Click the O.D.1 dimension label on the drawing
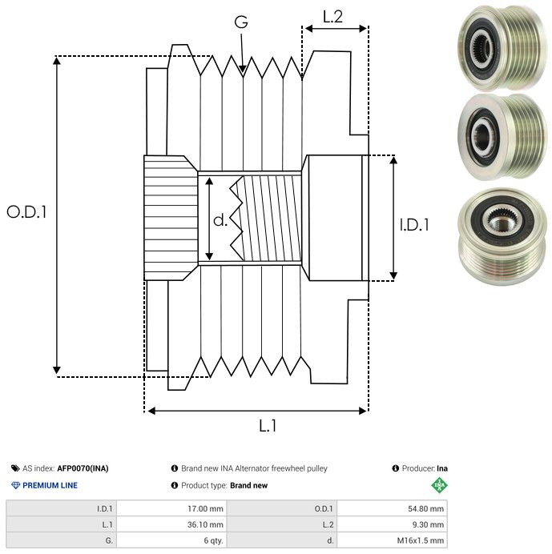[27, 213]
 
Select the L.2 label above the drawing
[332, 16]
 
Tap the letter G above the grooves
[241, 23]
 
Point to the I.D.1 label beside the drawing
[413, 226]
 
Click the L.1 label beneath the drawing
[268, 426]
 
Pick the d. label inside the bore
[220, 220]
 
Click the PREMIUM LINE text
[50, 485]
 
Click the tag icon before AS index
[15, 468]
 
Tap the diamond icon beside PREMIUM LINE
[15, 485]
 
